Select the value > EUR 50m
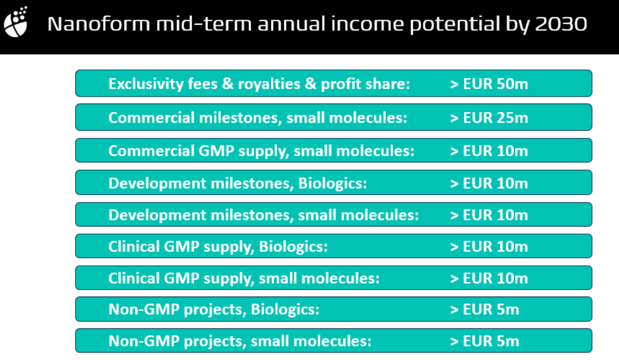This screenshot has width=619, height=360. click(x=489, y=84)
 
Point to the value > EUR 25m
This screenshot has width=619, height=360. click(x=489, y=118)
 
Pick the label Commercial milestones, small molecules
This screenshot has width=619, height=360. click(x=258, y=118)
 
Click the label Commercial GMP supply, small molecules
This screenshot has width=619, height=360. click(x=261, y=151)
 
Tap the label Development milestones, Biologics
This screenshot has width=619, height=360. click(x=238, y=183)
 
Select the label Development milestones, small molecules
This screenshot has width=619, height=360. click(x=264, y=215)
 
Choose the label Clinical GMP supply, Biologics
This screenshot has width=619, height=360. click(x=218, y=247)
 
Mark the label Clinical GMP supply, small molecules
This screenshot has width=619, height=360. click(x=244, y=278)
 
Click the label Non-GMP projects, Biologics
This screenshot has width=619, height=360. click(x=214, y=310)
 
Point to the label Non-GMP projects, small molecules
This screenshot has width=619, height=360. click(x=240, y=341)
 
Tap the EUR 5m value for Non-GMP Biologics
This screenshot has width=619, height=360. click(x=484, y=310)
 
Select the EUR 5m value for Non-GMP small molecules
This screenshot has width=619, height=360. click(x=484, y=341)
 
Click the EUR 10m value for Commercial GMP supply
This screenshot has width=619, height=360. click(x=489, y=151)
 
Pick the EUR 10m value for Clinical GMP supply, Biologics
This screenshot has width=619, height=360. click(x=489, y=247)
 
